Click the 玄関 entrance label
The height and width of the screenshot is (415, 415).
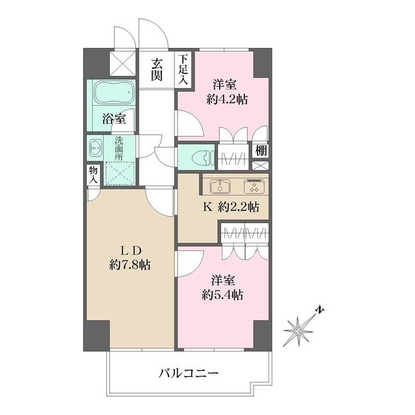(x=158, y=70)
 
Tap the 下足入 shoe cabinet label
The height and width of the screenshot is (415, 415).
(x=184, y=70)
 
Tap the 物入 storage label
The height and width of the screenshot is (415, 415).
(x=93, y=174)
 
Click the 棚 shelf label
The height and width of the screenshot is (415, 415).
(x=259, y=150)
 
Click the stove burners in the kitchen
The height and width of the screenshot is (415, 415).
(x=251, y=186)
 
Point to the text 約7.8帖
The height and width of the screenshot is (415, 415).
(x=131, y=265)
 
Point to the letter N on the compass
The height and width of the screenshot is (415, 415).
(x=320, y=311)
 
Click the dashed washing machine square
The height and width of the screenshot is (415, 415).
(x=119, y=172)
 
